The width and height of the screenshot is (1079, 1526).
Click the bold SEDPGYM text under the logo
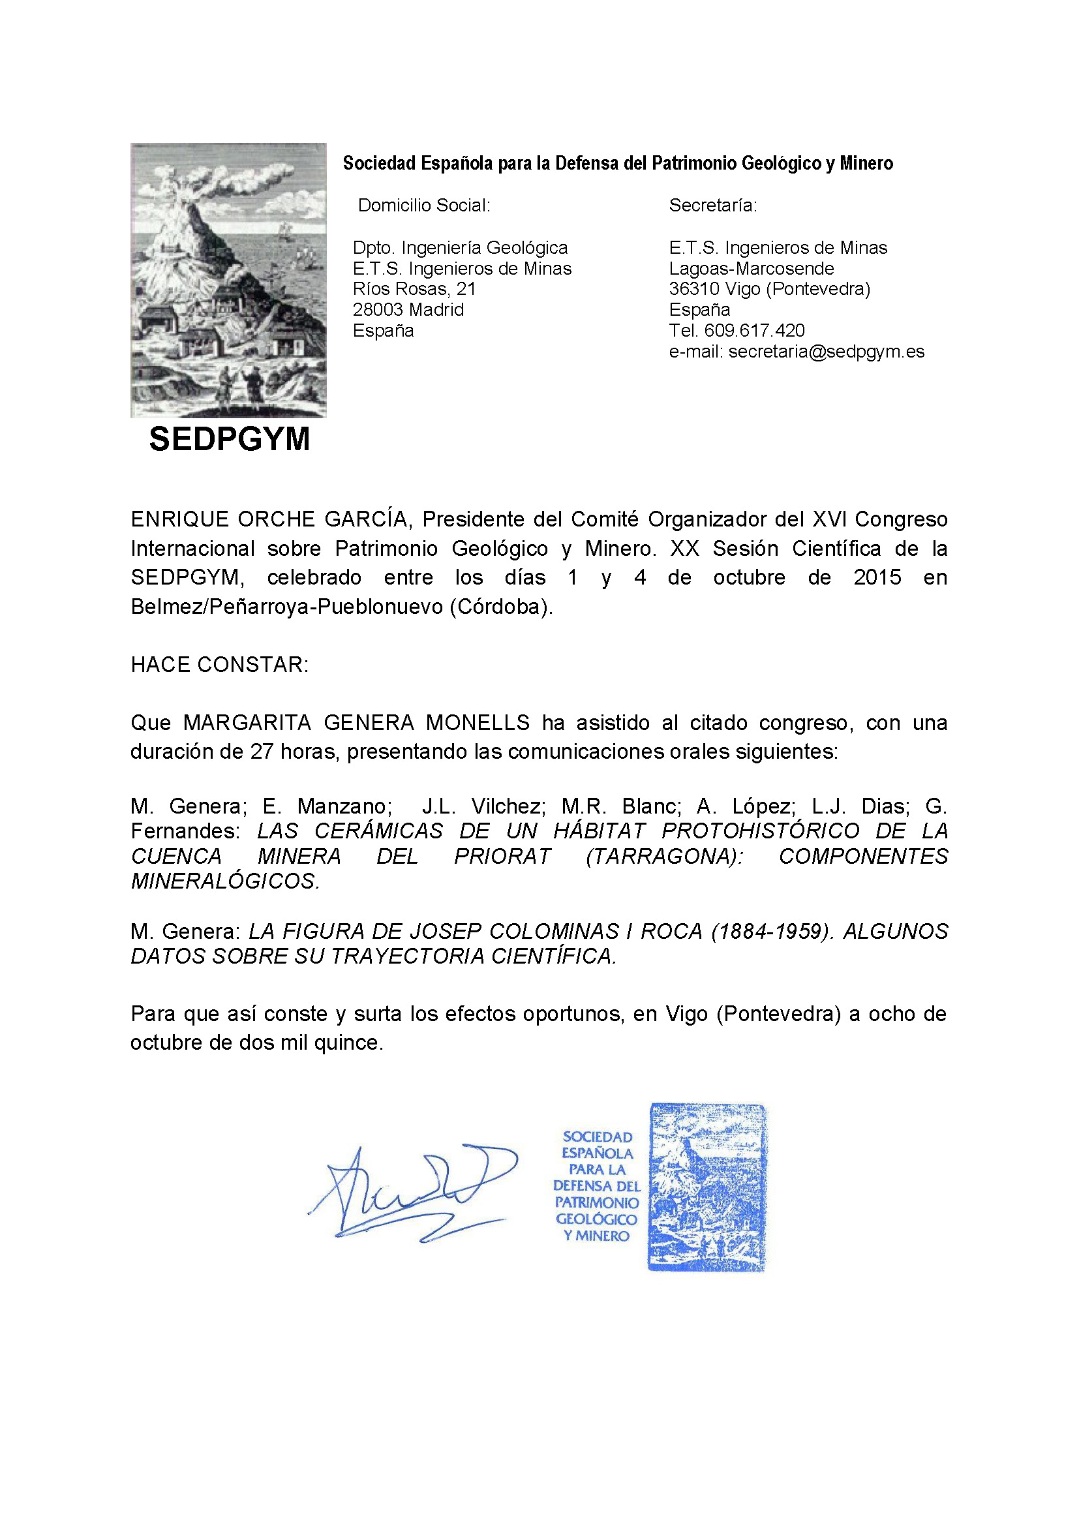click(229, 439)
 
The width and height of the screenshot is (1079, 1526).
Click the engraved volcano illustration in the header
click(228, 280)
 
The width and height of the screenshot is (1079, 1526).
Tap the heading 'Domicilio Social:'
click(424, 206)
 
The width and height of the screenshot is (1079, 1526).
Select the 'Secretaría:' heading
click(713, 206)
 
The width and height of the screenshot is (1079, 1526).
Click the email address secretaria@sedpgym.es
click(827, 352)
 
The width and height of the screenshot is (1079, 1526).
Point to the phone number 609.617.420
click(754, 330)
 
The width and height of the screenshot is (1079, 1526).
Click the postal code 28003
click(377, 310)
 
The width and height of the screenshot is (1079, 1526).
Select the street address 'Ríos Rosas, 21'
click(414, 289)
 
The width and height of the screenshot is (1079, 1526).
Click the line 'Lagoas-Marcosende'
click(752, 269)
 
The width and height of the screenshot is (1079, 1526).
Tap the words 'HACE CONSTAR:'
click(219, 664)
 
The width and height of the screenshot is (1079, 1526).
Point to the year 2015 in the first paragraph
click(877, 577)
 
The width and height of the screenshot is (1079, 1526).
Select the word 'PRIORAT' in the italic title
click(502, 856)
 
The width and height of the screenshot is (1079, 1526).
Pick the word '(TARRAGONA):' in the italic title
click(665, 856)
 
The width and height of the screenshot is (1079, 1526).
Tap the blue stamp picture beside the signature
click(707, 1187)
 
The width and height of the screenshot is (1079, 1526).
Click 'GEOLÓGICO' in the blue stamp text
click(596, 1219)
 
